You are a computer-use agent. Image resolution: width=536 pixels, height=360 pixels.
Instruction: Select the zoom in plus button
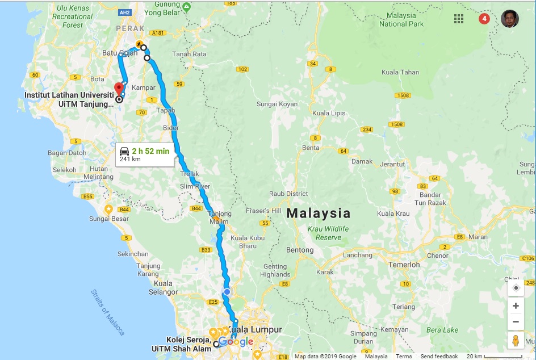coord(516,305)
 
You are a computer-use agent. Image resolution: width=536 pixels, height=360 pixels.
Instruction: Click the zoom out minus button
coord(516,321)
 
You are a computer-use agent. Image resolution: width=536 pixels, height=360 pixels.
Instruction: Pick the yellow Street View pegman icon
coord(516,341)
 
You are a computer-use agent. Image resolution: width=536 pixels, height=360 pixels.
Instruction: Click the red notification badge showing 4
coord(484,19)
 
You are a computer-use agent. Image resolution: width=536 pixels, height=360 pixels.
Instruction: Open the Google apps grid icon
coord(459,19)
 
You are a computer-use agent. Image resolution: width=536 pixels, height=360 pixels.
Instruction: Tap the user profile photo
coord(510,19)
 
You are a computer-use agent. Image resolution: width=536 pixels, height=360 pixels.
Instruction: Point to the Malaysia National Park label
coord(401,20)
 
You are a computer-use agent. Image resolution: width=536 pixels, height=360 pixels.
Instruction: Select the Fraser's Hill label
coord(263,211)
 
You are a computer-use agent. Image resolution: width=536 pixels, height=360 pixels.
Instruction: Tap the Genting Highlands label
coord(275,270)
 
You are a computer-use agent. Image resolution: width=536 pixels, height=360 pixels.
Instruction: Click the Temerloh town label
coord(404,265)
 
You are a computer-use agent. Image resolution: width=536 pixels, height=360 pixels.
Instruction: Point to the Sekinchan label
coord(133,254)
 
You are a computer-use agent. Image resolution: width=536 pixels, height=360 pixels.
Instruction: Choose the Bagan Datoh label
coord(67,153)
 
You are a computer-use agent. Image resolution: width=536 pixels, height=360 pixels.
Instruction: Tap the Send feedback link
coord(439,357)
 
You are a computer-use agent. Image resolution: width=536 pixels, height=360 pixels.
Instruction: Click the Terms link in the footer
coord(404,357)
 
